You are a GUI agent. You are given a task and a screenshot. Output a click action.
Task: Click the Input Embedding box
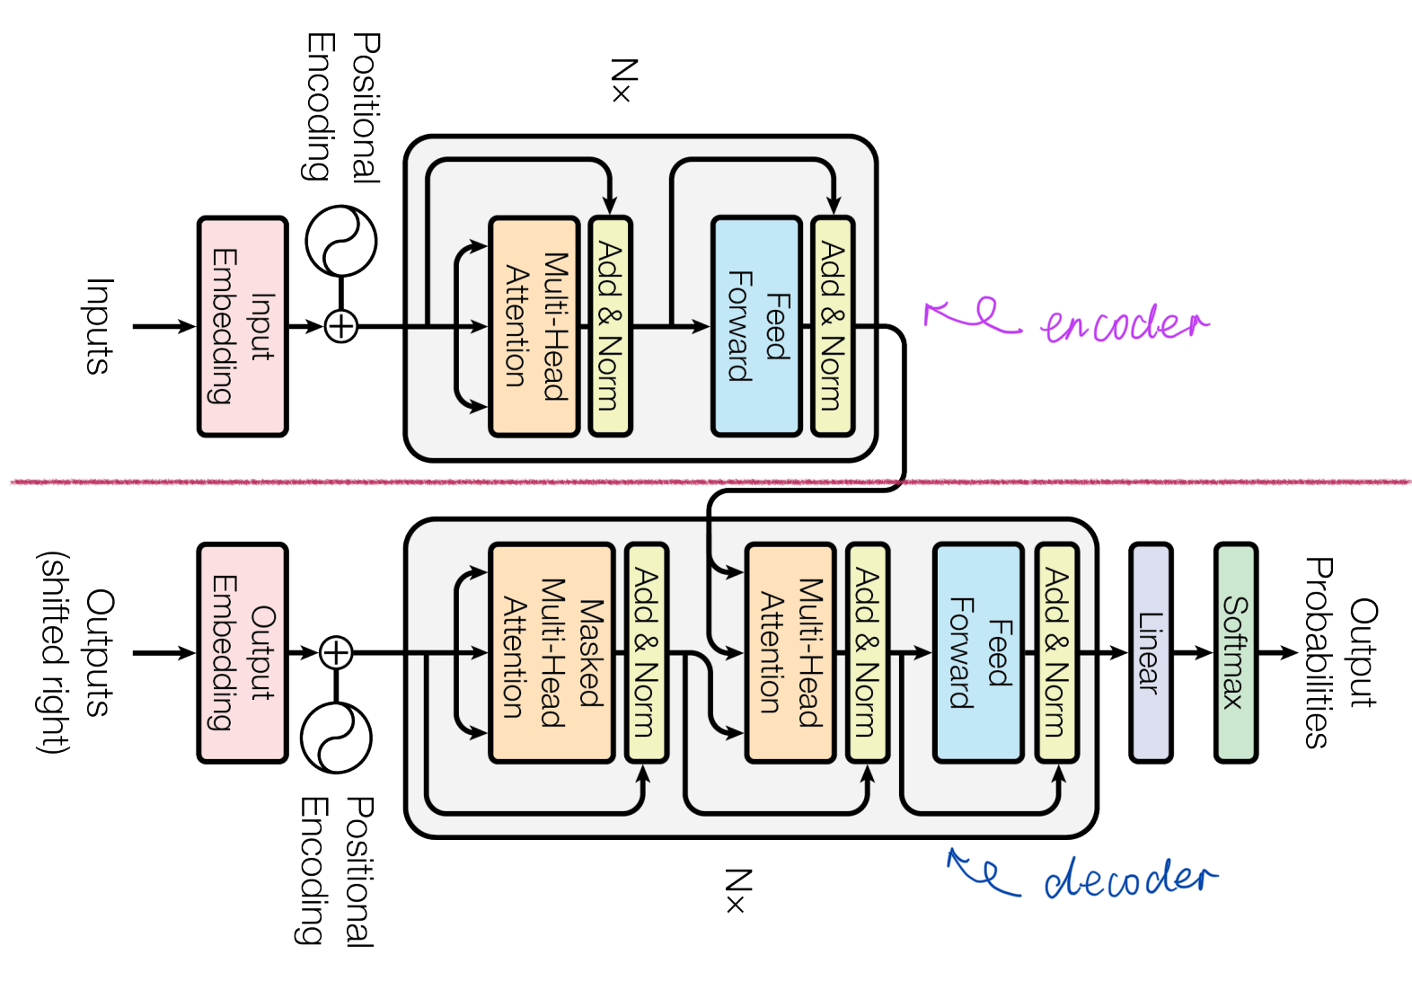point(243,327)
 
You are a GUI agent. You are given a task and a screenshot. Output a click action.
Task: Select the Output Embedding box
point(243,652)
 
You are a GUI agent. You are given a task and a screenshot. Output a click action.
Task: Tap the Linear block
point(1151,652)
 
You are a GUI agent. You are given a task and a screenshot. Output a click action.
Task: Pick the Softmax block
point(1236,652)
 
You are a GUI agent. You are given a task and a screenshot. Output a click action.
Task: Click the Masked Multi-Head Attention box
point(552,652)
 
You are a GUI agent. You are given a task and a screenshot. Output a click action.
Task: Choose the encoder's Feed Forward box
point(757,327)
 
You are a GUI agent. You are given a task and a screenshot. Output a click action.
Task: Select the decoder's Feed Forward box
point(978,652)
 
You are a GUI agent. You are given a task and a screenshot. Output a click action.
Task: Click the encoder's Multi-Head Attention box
point(534,327)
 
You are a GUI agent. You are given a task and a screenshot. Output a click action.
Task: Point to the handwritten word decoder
point(1130,878)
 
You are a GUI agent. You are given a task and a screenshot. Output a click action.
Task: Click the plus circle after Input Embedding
point(341,327)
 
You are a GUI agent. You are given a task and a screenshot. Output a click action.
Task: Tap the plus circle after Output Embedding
point(336,652)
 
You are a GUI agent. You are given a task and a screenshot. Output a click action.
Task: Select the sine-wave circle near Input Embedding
point(341,240)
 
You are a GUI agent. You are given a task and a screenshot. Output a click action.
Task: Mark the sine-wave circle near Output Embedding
point(336,738)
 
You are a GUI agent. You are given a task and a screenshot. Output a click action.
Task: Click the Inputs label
point(100,327)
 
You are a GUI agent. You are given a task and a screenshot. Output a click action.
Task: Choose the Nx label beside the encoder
point(624,80)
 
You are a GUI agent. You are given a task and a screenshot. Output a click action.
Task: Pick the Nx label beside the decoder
point(738,890)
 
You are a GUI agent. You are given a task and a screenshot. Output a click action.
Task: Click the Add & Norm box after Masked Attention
point(647,652)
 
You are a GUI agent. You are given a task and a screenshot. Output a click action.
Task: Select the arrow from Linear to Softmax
point(1193,652)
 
